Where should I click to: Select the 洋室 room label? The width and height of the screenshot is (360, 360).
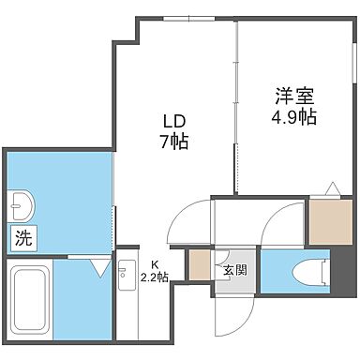point(288,96)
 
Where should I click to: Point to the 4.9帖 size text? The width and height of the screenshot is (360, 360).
point(288,117)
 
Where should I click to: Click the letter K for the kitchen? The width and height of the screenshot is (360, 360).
point(155,263)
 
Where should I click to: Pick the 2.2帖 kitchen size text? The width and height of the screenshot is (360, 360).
point(155,277)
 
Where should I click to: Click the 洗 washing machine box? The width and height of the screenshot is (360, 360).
point(22,238)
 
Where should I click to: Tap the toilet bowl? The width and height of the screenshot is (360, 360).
point(302,272)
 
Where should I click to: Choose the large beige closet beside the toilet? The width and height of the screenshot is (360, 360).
point(329,222)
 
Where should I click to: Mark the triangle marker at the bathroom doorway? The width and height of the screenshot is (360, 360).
point(100,267)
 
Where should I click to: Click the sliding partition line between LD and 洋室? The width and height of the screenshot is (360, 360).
point(235,103)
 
